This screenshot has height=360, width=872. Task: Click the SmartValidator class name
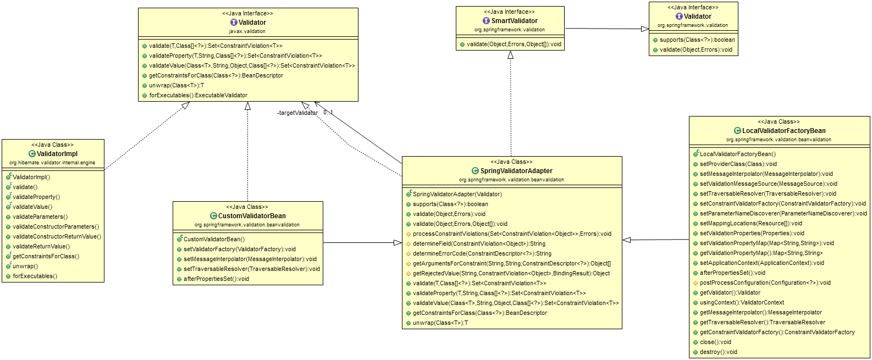coord(514,21)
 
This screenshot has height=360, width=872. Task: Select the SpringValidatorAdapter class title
coord(516,171)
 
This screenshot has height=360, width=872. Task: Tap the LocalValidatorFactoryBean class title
coord(783,131)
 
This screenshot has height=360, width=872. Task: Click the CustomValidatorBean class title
coord(252,216)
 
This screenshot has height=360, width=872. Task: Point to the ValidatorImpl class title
coord(57,154)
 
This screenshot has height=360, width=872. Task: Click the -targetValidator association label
coord(297,113)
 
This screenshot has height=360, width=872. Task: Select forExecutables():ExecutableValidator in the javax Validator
coord(198,96)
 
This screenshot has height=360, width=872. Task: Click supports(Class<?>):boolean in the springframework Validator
coord(697,40)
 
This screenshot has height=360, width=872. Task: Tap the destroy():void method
coord(718,352)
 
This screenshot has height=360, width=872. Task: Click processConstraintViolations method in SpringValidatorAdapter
coord(511,234)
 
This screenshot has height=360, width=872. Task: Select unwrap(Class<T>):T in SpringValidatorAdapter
coord(440,323)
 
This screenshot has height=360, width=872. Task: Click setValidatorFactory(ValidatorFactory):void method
coord(239,250)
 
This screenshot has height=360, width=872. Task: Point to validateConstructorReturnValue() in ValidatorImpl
coord(57,237)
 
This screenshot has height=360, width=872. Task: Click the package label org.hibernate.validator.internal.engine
coord(52,163)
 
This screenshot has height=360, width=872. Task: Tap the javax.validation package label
coord(247,31)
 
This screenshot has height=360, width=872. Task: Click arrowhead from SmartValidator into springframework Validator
coord(645,29)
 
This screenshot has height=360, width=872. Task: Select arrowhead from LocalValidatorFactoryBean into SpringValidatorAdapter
coord(627,240)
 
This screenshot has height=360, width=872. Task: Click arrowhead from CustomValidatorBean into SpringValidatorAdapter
coord(398,243)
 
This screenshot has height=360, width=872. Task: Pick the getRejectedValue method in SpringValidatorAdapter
coord(511,274)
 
